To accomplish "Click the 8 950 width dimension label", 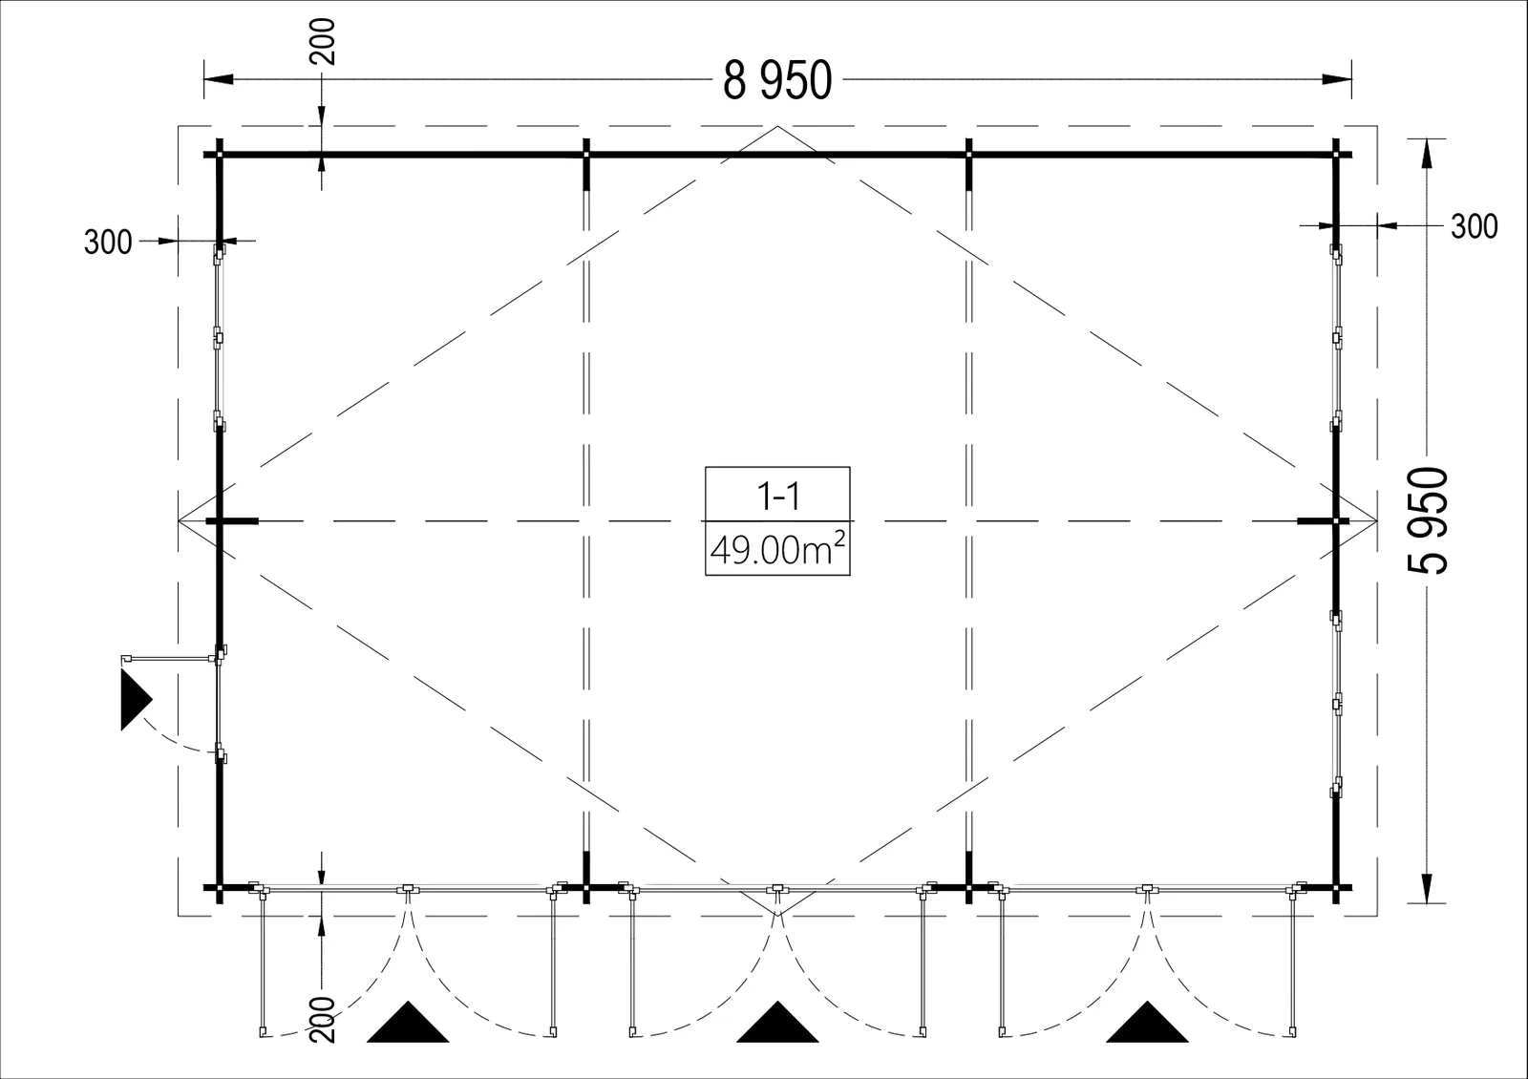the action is click(777, 80).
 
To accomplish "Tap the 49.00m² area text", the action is click(777, 549).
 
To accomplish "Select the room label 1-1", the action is click(778, 497).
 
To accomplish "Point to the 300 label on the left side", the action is click(108, 243).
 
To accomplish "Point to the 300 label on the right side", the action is click(1475, 226).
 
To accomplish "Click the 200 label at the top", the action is click(323, 42).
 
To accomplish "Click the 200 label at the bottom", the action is click(323, 1020).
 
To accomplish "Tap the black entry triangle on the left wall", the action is click(136, 699).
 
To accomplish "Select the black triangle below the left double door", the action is click(408, 1024).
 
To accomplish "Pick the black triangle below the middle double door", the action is click(777, 1024).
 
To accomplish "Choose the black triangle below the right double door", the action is click(1147, 1024).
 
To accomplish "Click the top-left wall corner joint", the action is click(220, 155).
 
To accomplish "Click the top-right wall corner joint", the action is click(1336, 155).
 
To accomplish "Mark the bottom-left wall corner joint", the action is click(220, 888).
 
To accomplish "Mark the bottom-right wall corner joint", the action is click(1336, 888).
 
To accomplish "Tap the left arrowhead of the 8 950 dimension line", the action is click(219, 79).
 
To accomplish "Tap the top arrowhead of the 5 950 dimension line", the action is click(1427, 154).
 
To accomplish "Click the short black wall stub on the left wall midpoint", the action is click(233, 521).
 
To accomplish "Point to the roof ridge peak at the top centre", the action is click(777, 126).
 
